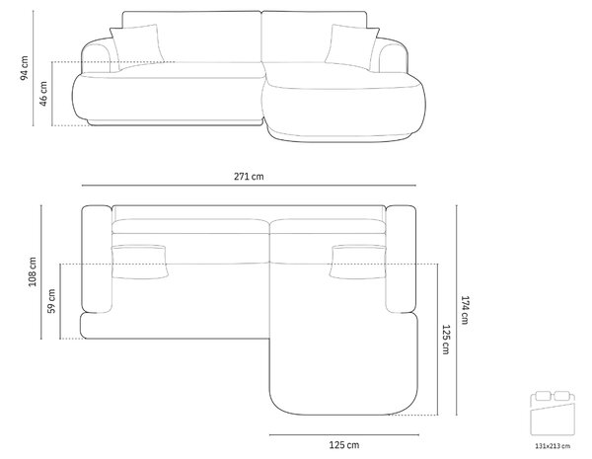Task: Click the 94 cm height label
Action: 24,68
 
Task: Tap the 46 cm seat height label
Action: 43,94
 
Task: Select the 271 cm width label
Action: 249,177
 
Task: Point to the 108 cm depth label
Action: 33,271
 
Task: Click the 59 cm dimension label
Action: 51,301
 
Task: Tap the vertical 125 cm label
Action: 446,340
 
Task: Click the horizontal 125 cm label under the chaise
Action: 344,445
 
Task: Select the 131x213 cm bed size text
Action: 553,446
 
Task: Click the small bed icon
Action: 553,414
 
